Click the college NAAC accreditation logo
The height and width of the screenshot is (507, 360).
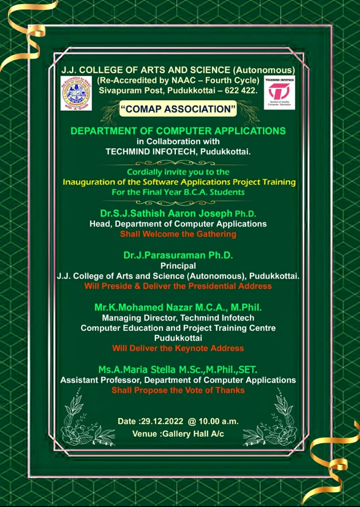(x=76, y=93)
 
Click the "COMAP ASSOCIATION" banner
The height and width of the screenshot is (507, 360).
(x=178, y=109)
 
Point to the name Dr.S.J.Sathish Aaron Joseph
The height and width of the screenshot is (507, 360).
(x=166, y=214)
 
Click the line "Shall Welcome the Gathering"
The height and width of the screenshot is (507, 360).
(x=178, y=234)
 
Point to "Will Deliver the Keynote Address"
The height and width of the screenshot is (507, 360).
(x=178, y=348)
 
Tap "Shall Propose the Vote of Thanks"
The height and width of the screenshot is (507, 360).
(x=178, y=390)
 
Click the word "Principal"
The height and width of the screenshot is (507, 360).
(x=178, y=266)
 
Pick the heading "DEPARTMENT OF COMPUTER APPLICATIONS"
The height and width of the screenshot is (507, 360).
(x=178, y=131)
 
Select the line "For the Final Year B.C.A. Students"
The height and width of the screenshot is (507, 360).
(x=178, y=193)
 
